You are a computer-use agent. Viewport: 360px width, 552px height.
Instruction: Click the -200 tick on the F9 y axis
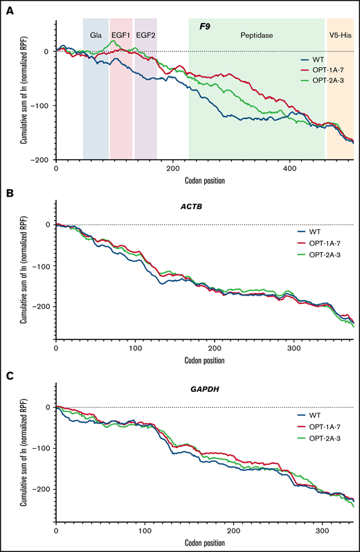point(43,160)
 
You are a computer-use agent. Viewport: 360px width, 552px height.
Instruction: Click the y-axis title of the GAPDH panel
point(24,463)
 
